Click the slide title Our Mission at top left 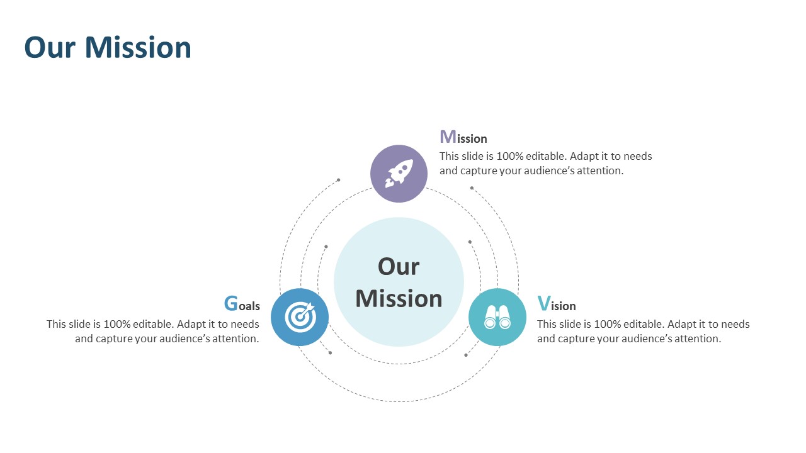pyautogui.click(x=108, y=47)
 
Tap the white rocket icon pyautogui.click(x=399, y=174)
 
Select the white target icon pyautogui.click(x=300, y=317)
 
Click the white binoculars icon pyautogui.click(x=497, y=317)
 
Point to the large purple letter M pyautogui.click(x=448, y=137)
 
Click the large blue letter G pyautogui.click(x=231, y=303)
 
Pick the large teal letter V pyautogui.click(x=543, y=303)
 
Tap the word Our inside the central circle pyautogui.click(x=399, y=267)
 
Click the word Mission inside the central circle pyautogui.click(x=399, y=299)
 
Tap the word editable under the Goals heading pyautogui.click(x=154, y=324)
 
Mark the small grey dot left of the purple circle pyautogui.click(x=338, y=180)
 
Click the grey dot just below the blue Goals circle pyautogui.click(x=331, y=353)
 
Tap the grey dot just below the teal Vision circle pyautogui.click(x=466, y=355)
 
